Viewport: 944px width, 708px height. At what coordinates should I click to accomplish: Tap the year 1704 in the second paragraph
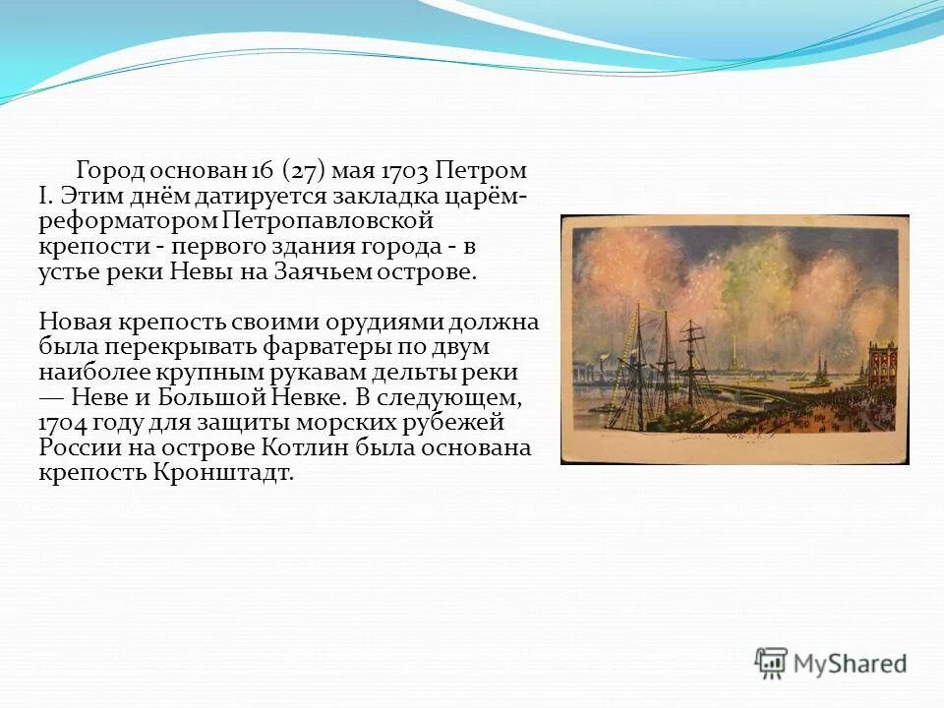click(x=67, y=424)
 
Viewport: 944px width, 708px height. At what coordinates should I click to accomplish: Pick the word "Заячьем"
click(x=324, y=271)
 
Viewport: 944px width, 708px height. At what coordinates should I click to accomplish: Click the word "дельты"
click(x=432, y=374)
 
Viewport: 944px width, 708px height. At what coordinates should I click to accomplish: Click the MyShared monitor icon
click(x=772, y=663)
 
